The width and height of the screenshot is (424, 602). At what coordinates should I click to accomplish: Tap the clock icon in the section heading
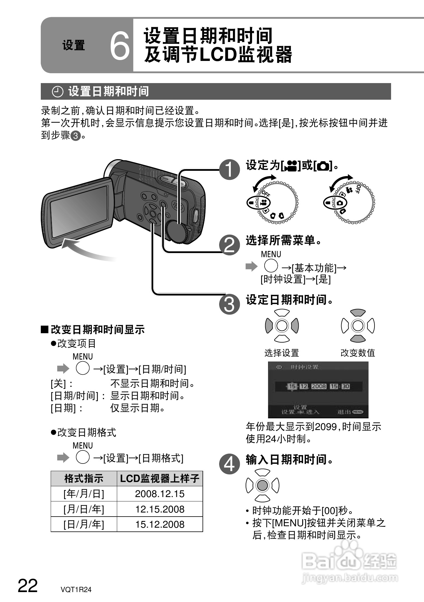tap(58, 92)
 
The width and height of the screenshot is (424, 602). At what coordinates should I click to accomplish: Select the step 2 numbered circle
tap(230, 245)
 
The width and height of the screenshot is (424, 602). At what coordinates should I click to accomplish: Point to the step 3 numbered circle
tap(230, 304)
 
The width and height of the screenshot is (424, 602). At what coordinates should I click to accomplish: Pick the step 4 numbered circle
tap(230, 464)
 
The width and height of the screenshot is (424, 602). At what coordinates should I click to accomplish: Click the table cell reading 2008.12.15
tap(160, 494)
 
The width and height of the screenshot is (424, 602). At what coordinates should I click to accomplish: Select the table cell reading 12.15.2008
tap(160, 509)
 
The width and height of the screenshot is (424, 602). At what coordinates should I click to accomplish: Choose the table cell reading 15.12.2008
tap(160, 524)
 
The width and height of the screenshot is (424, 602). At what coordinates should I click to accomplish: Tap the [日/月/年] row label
tap(84, 524)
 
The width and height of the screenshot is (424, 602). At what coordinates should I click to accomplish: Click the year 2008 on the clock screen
tap(319, 386)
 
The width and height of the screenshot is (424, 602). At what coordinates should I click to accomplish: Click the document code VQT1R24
tap(76, 589)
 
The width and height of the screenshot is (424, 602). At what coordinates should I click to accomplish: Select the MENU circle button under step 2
tap(271, 266)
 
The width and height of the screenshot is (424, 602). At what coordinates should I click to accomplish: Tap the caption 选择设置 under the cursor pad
tap(282, 353)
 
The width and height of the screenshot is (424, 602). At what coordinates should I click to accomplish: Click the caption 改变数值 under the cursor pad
tap(358, 353)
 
